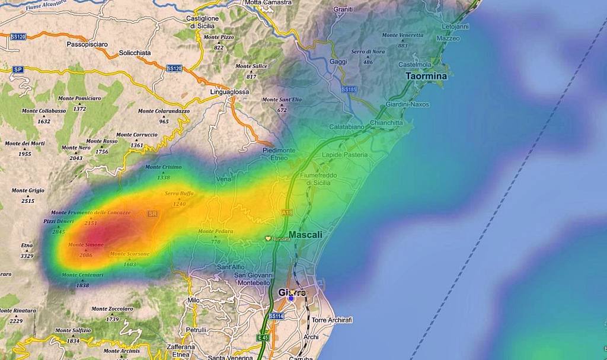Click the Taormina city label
coord(426,76)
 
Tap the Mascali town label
coord(305,235)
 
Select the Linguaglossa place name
coord(229,93)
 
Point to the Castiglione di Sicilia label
coord(202,22)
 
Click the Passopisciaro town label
coord(87,44)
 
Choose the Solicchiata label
coord(135,53)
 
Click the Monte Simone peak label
coord(86,245)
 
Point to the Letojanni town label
coord(455,27)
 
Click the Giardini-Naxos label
coord(407,104)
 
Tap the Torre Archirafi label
coord(332,320)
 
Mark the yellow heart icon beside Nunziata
coord(268,238)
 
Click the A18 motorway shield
coord(287,212)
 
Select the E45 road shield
coord(263,337)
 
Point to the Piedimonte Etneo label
coord(279,154)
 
